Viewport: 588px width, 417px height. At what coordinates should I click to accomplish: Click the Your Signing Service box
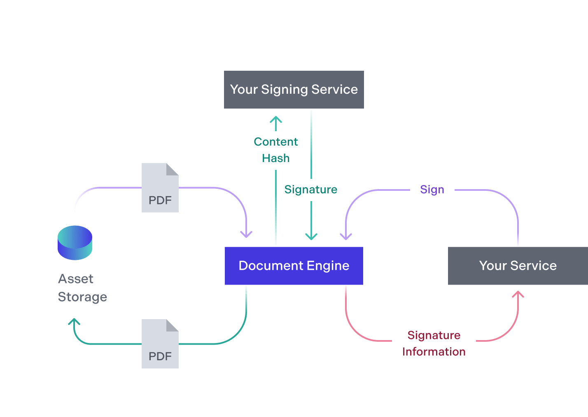(294, 90)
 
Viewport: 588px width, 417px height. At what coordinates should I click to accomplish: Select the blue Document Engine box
(294, 266)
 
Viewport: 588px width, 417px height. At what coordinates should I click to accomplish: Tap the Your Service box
(518, 266)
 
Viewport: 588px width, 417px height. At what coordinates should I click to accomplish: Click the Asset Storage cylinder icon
(75, 243)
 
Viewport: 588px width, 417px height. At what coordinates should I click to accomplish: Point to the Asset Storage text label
(82, 288)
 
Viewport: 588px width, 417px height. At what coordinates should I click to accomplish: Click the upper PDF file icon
(160, 188)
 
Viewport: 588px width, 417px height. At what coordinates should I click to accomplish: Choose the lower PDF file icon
(160, 344)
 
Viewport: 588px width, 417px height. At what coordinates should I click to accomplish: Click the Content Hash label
(275, 150)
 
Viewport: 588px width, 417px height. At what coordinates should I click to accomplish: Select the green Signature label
(310, 190)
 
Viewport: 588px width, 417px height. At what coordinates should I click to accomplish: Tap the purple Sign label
(432, 190)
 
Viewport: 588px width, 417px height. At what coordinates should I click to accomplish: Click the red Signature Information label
(434, 343)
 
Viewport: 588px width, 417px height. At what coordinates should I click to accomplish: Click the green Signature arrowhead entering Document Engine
(311, 236)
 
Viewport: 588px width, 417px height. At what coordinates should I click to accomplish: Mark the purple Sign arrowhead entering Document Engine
(346, 236)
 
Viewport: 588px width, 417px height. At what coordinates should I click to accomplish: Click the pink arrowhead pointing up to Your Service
(518, 294)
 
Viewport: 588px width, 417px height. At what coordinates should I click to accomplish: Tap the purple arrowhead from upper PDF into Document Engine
(246, 235)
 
